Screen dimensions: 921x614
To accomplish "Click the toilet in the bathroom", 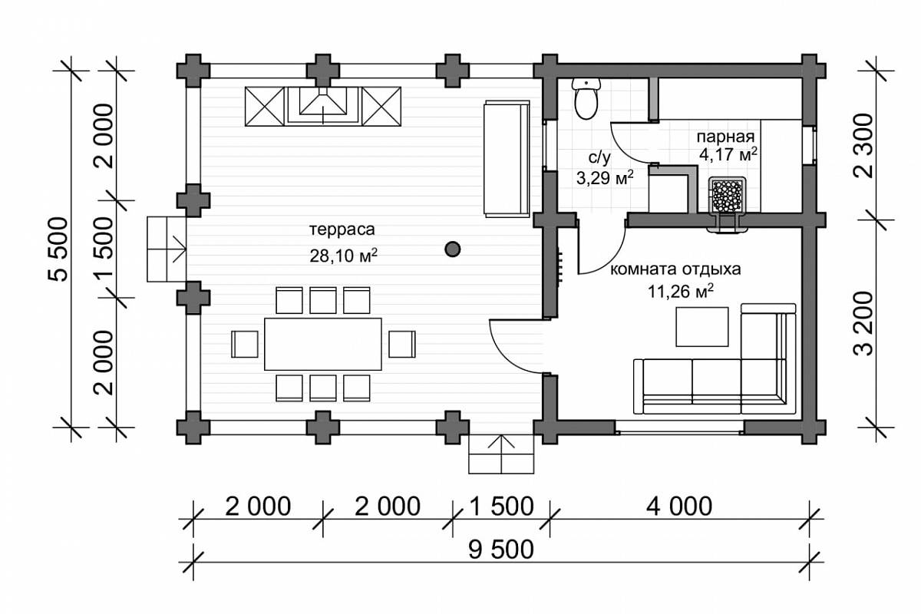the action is pos(586,99).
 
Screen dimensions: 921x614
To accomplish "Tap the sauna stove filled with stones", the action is pos(727,195).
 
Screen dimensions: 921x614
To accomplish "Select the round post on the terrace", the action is pos(453,249).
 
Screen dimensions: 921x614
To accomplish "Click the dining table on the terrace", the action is pos(323,344).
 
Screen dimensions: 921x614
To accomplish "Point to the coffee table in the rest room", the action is pos(702,326).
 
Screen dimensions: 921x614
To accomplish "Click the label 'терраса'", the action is pos(342,229).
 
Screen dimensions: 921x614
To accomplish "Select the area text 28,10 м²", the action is pos(343,256).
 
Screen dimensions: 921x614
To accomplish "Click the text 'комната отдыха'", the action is pos(675,269).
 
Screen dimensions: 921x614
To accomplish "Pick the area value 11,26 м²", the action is pos(681,292).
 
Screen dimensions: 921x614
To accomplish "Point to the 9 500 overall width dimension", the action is pos(500,550).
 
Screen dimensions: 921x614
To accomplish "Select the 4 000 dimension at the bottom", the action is pos(679,507).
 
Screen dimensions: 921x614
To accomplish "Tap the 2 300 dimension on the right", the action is pos(863,146).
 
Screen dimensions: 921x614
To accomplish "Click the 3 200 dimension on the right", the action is pos(863,324).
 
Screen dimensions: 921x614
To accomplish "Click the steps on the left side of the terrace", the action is pos(167,249).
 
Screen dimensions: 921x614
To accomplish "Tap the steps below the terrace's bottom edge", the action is pos(501,454).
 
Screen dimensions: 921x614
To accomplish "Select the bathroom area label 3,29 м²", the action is pos(605,179).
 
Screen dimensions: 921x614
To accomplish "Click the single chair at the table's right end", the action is pos(401,344).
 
